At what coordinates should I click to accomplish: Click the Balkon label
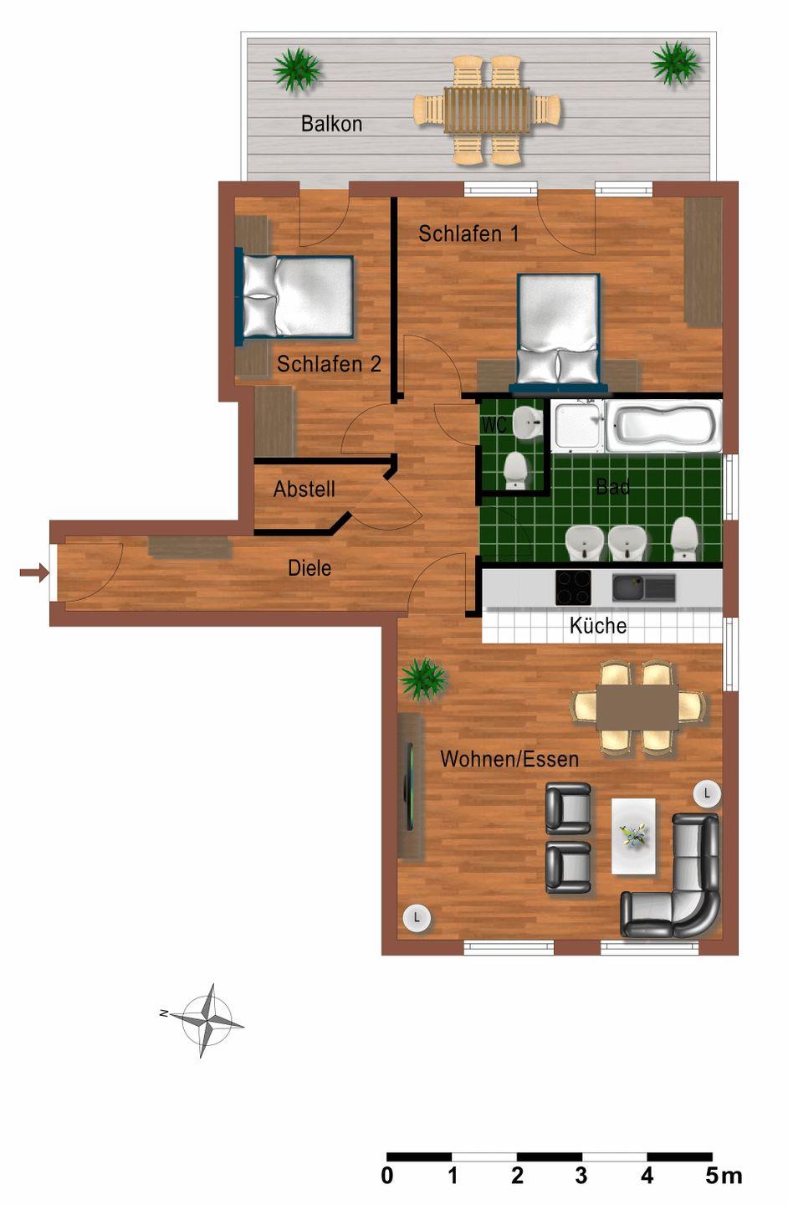point(331,124)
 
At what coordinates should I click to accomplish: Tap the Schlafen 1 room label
point(468,233)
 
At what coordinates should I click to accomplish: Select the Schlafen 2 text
point(329,364)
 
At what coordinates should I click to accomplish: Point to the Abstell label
point(304,489)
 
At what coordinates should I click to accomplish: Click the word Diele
point(310,568)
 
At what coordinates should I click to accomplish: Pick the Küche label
point(598,626)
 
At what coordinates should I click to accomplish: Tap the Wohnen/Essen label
point(509,759)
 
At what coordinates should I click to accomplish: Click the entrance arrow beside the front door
point(34,572)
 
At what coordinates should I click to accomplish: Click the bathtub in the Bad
point(664,425)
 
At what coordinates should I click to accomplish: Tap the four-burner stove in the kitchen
point(573,587)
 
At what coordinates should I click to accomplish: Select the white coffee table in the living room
point(633,836)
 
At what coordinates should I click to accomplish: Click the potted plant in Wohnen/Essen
point(424,679)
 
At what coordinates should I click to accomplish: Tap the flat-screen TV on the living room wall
point(409,787)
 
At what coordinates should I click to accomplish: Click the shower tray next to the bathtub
point(577,425)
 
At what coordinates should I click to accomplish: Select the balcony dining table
point(488,110)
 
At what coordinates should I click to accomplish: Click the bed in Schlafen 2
point(294,296)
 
